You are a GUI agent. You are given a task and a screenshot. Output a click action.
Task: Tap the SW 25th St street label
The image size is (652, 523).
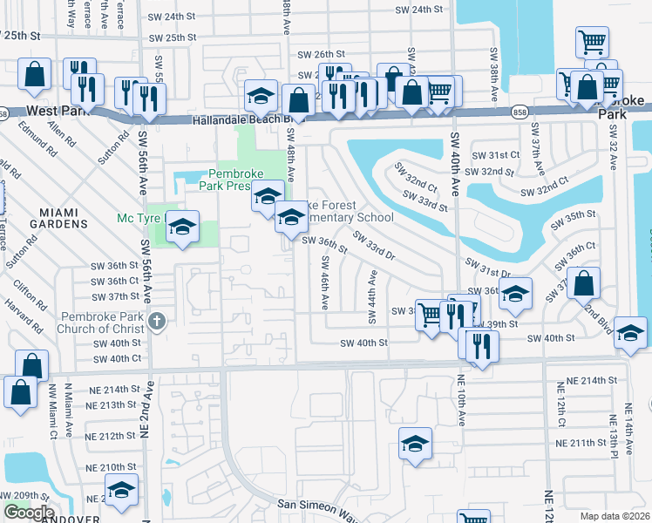[172, 38]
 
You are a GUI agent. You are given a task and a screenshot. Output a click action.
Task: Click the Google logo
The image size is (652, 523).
[28, 513]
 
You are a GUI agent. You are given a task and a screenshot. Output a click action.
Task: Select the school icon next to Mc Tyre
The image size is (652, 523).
[181, 228]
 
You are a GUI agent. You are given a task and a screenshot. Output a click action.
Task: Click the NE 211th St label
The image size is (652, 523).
[582, 443]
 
